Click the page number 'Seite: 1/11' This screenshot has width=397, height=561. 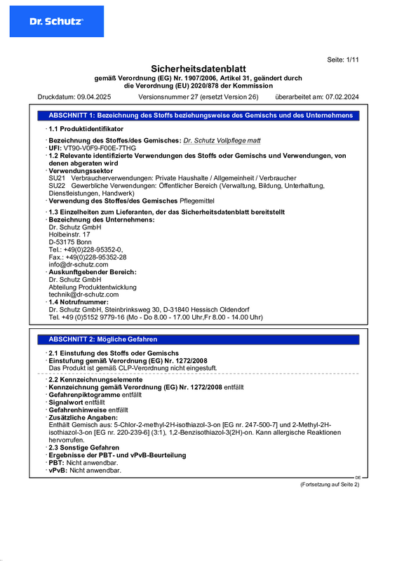(343, 60)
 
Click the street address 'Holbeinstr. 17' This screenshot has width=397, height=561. (69, 234)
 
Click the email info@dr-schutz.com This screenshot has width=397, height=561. (79, 264)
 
